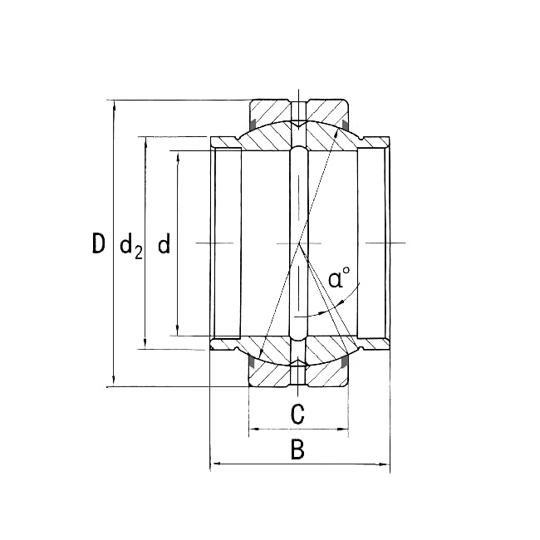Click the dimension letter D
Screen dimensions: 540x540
coord(99,243)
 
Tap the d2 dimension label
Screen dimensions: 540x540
coord(131,246)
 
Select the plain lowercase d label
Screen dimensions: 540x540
coord(164,243)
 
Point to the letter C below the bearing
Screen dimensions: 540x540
coord(298,414)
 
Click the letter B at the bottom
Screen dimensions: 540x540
coord(298,449)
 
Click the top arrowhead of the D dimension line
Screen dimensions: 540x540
coord(114,105)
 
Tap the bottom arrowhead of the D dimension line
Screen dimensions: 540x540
coord(114,381)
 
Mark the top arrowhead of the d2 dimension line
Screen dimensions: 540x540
coord(145,141)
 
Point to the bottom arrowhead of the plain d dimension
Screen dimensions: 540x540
coord(178,331)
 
